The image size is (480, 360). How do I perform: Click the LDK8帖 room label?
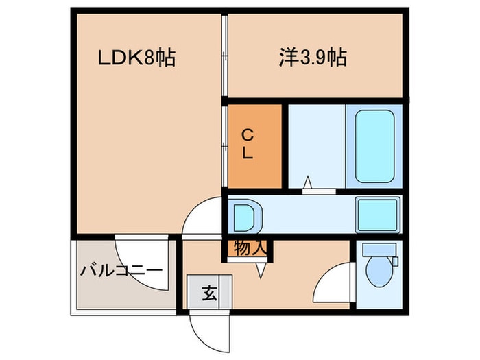pos(136,58)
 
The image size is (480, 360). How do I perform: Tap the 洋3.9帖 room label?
pos(313,58)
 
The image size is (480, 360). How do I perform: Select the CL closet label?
pos(248,143)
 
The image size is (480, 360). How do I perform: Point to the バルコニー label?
pos(121,270)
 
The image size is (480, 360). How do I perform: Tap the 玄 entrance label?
pos(210,293)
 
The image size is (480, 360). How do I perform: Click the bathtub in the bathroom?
pos(374,146)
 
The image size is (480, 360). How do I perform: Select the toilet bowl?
pos(379,272)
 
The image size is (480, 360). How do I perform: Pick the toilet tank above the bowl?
pos(379,250)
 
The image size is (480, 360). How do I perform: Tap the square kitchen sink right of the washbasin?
pos(378,215)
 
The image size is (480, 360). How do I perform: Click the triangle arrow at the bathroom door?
pos(308,182)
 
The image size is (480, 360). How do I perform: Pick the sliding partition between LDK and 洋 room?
pos(224,56)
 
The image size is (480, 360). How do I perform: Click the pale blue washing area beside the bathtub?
pos(317,146)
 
